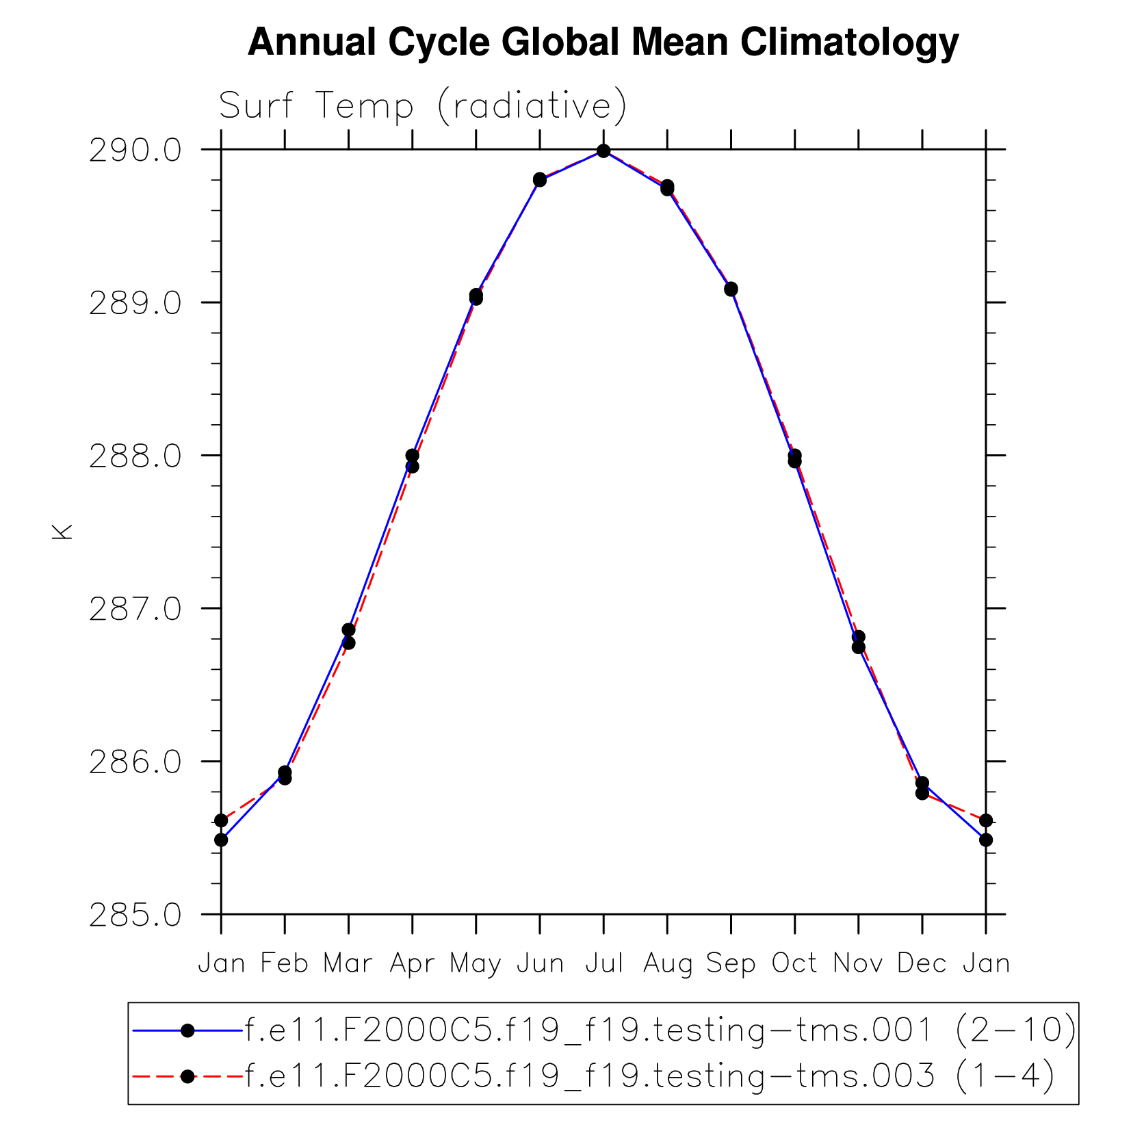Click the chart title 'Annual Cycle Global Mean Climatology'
603,42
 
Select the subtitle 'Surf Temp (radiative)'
422,106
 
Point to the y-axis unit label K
62,532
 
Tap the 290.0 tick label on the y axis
135,151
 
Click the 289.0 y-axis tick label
135,303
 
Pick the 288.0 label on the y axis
135,456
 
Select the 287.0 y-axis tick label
135,609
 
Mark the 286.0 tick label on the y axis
135,762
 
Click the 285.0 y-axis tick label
135,915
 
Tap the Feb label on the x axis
285,963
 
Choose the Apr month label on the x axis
412,963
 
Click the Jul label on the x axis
603,963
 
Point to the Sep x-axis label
731,963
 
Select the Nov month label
858,963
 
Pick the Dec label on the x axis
922,963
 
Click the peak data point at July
603,151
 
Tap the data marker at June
540,179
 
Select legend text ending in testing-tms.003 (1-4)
649,1076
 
